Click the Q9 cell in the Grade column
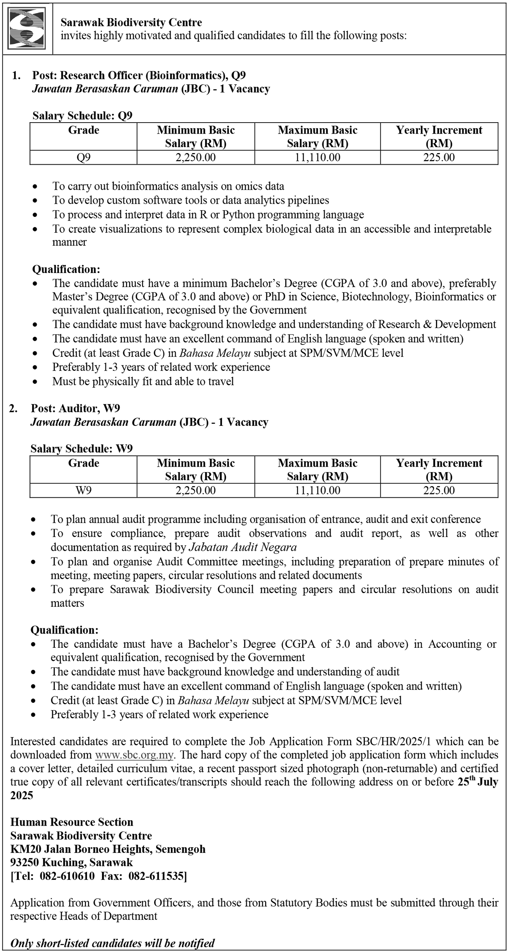[83, 157]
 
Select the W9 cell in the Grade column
[83, 490]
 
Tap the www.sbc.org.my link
[134, 755]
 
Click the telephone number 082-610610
[67, 876]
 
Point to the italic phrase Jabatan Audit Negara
[243, 547]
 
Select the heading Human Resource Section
[72, 822]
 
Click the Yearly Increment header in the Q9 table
[439, 136]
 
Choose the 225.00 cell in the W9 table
[439, 490]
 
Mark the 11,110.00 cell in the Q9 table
[317, 157]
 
